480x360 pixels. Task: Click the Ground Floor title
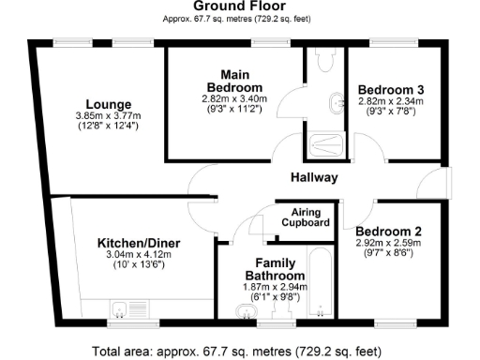[239, 7]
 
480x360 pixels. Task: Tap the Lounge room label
[109, 103]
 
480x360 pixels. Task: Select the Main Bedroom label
[234, 81]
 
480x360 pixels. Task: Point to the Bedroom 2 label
[390, 231]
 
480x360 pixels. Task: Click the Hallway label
[314, 178]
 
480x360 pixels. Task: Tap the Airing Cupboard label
[306, 217]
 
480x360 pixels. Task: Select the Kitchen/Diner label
[139, 244]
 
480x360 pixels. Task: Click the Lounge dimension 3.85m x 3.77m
[109, 115]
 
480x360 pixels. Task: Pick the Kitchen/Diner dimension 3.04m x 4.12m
[139, 256]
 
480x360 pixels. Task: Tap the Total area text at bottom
[238, 352]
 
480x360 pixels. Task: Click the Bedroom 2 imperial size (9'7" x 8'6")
[390, 252]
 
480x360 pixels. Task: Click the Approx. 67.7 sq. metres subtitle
[239, 19]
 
